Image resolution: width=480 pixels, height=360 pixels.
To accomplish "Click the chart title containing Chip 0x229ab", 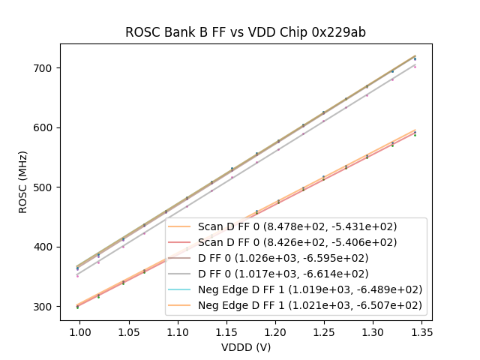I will pyautogui.click(x=245, y=32).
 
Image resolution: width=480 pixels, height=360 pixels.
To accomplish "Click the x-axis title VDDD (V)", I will pyautogui.click(x=245, y=347).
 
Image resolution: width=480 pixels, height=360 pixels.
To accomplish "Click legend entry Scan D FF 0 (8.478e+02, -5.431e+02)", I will pyautogui.click(x=297, y=226).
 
